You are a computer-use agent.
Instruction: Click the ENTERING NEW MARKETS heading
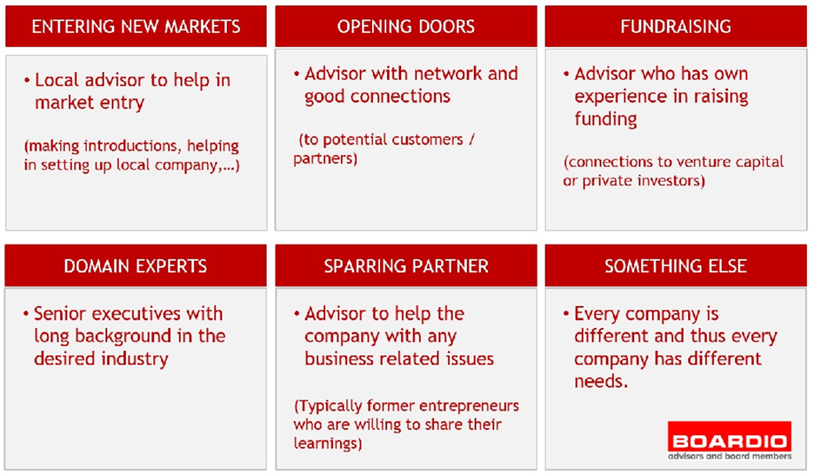[136, 26]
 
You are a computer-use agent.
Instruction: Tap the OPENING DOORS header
[406, 26]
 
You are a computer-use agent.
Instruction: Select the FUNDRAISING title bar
[676, 26]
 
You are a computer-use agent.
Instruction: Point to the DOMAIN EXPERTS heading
[136, 266]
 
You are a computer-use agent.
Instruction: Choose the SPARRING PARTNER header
[406, 266]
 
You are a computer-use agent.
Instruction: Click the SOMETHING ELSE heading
[676, 266]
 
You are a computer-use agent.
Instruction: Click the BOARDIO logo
[730, 440]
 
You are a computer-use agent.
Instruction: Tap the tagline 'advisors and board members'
[730, 456]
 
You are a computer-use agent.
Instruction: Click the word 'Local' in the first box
[57, 80]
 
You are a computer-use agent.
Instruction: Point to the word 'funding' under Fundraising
[605, 119]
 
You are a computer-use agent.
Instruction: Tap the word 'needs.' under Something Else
[601, 381]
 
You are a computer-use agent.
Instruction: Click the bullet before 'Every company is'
[566, 313]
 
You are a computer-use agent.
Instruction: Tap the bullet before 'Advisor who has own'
[566, 74]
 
